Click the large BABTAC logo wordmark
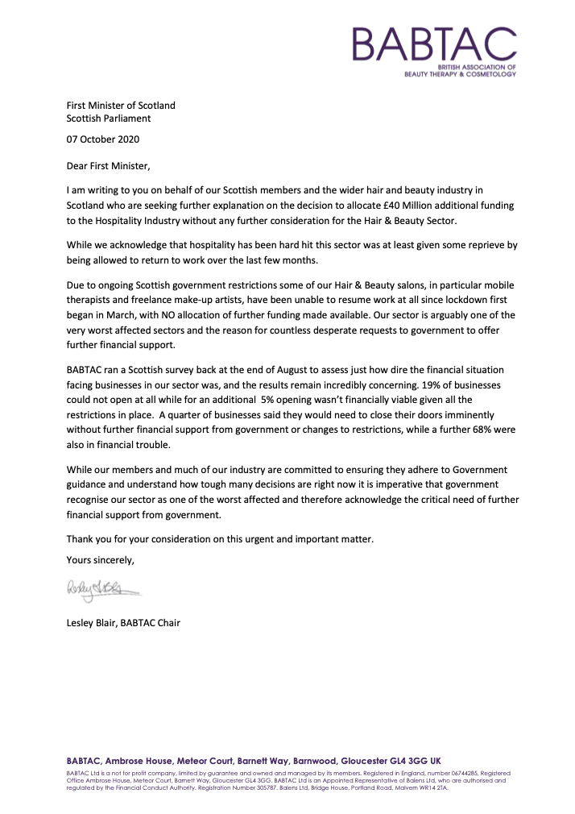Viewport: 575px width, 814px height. (433, 44)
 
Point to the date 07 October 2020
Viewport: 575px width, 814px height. (102, 139)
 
